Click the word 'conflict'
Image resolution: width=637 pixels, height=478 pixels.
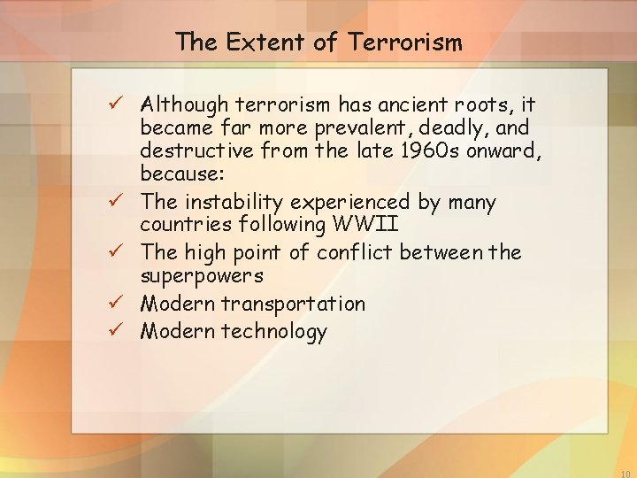354,253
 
